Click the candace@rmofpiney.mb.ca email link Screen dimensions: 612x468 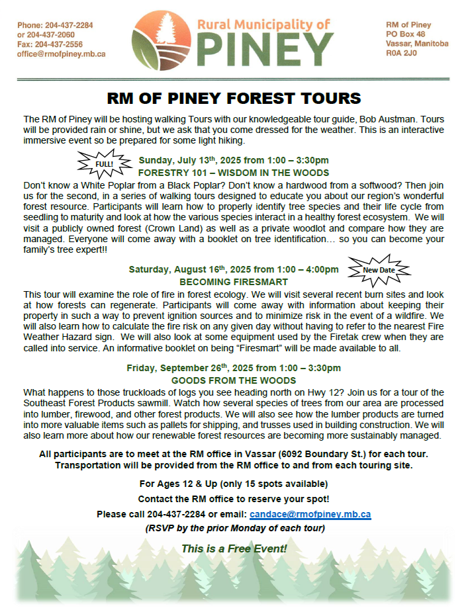(x=310, y=514)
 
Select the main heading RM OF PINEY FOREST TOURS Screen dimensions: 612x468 (x=234, y=99)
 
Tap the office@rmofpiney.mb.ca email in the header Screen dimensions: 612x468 (x=62, y=54)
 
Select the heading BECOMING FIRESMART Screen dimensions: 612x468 (x=234, y=281)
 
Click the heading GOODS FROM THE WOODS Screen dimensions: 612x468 (x=234, y=380)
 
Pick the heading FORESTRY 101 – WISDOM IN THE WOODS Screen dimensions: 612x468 (x=234, y=172)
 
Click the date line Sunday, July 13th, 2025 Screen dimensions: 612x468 (x=234, y=160)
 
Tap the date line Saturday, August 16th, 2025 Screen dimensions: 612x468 (x=234, y=269)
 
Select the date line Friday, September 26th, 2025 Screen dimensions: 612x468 (x=234, y=369)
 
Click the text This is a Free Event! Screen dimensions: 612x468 (x=234, y=548)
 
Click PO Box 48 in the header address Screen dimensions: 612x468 (x=406, y=34)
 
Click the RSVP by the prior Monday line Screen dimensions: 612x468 (x=234, y=529)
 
